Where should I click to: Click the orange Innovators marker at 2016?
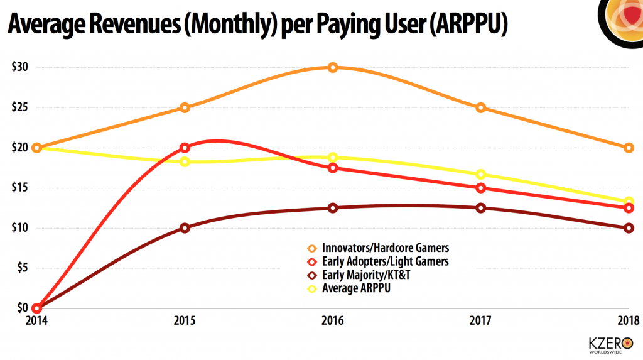pos(333,67)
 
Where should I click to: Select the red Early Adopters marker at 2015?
pos(185,148)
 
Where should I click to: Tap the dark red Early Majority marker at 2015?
pos(185,228)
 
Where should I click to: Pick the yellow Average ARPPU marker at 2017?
pos(480,174)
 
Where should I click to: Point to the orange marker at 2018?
pos(629,148)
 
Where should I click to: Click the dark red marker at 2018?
pos(629,228)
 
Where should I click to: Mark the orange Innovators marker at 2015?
pos(185,107)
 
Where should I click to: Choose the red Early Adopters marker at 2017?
pos(480,188)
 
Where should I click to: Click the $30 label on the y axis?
pos(19,67)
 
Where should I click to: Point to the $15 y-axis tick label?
pos(19,188)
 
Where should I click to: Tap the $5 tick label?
pos(21,268)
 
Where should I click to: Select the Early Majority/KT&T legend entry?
pos(366,275)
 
